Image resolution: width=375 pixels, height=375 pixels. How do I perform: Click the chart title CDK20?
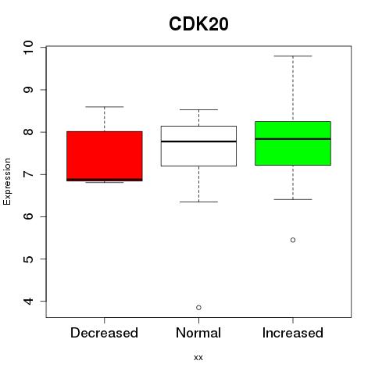pyautogui.click(x=198, y=24)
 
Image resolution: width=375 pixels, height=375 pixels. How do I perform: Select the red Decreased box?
pyautogui.click(x=105, y=156)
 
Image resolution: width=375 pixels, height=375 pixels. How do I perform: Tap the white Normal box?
pyautogui.click(x=198, y=146)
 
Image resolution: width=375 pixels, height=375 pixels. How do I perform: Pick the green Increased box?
pyautogui.click(x=293, y=143)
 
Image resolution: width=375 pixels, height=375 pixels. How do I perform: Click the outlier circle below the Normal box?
pyautogui.click(x=198, y=308)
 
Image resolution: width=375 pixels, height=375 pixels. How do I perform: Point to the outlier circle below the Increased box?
pyautogui.click(x=293, y=240)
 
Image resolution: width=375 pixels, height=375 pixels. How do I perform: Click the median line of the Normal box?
pyautogui.click(x=198, y=141)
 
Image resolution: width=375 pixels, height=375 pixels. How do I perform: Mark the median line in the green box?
pyautogui.click(x=293, y=139)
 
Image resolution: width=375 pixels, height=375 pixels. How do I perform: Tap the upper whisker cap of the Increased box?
pyautogui.click(x=293, y=56)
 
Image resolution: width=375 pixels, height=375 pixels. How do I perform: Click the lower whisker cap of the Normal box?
pyautogui.click(x=198, y=202)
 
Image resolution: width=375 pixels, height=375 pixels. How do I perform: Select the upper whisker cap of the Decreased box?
pyautogui.click(x=105, y=107)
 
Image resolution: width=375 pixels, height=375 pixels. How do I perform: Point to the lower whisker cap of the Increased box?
pyautogui.click(x=293, y=199)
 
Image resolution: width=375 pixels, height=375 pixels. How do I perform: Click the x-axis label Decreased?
pyautogui.click(x=104, y=333)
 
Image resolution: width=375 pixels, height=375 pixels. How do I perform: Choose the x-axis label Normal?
pyautogui.click(x=198, y=333)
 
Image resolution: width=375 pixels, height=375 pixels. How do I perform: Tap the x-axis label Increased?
pyautogui.click(x=293, y=333)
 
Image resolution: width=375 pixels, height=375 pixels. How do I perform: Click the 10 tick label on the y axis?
pyautogui.click(x=28, y=48)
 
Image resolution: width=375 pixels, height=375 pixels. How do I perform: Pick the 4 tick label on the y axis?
pyautogui.click(x=28, y=302)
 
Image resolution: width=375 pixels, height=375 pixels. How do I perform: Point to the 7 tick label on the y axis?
pyautogui.click(x=28, y=174)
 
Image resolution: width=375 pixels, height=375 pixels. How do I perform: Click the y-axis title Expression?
pyautogui.click(x=7, y=181)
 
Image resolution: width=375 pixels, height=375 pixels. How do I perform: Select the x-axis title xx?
pyautogui.click(x=198, y=358)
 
